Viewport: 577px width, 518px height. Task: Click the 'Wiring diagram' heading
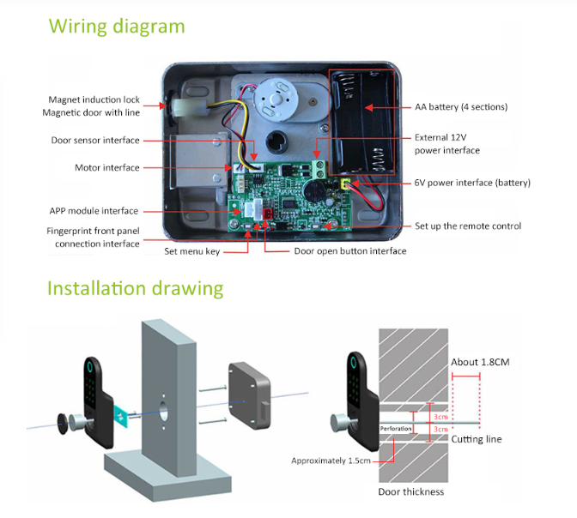click(x=117, y=26)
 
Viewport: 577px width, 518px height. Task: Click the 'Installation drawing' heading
click(x=136, y=287)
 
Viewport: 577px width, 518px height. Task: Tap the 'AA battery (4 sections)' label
click(x=461, y=107)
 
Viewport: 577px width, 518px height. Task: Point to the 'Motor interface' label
click(x=106, y=168)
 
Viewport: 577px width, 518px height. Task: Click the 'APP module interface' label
click(x=94, y=211)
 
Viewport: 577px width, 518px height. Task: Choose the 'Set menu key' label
click(x=192, y=251)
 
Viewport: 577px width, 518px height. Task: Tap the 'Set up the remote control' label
click(x=468, y=226)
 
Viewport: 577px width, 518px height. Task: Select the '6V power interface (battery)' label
click(x=472, y=183)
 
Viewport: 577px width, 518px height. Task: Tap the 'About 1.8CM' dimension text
click(x=480, y=362)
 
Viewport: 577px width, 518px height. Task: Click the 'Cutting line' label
click(x=477, y=439)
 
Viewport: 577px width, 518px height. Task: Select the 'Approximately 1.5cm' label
click(x=331, y=461)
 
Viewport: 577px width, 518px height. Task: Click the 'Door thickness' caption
click(x=411, y=492)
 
